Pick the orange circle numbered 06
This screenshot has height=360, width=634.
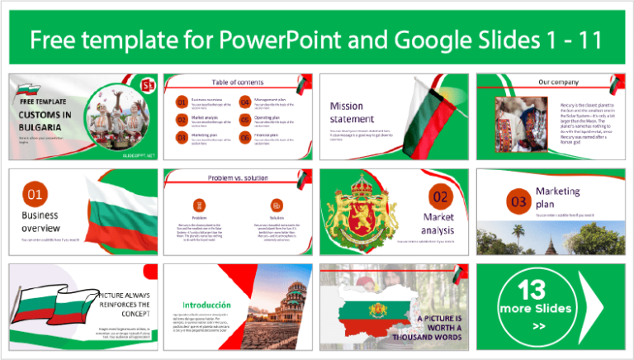[245, 138]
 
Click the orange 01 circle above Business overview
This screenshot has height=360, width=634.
[35, 195]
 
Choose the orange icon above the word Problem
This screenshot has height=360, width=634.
[199, 204]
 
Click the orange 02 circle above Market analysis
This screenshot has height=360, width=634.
[440, 197]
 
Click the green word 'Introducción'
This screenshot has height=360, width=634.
[199, 303]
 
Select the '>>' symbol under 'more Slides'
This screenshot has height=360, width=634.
[538, 326]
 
